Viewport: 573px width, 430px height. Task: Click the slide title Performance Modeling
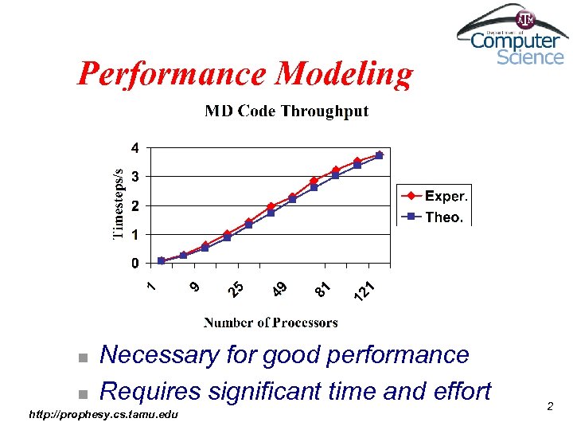(245, 74)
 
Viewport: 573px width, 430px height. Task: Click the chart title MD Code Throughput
(286, 111)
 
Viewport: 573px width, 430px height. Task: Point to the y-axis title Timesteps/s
(119, 204)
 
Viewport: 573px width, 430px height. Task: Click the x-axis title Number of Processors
(271, 322)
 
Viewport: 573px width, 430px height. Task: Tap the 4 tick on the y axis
(135, 147)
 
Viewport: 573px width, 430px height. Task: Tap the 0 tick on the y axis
(135, 263)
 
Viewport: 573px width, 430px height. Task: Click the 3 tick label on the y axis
(135, 176)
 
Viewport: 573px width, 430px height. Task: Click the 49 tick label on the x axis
(279, 288)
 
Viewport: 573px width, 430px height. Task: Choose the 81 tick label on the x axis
(322, 288)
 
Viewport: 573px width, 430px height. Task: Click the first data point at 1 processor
(162, 260)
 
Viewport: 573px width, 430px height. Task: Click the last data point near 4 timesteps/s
(379, 154)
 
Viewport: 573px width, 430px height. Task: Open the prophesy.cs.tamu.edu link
(103, 415)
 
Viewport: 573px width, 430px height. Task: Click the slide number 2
(550, 407)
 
